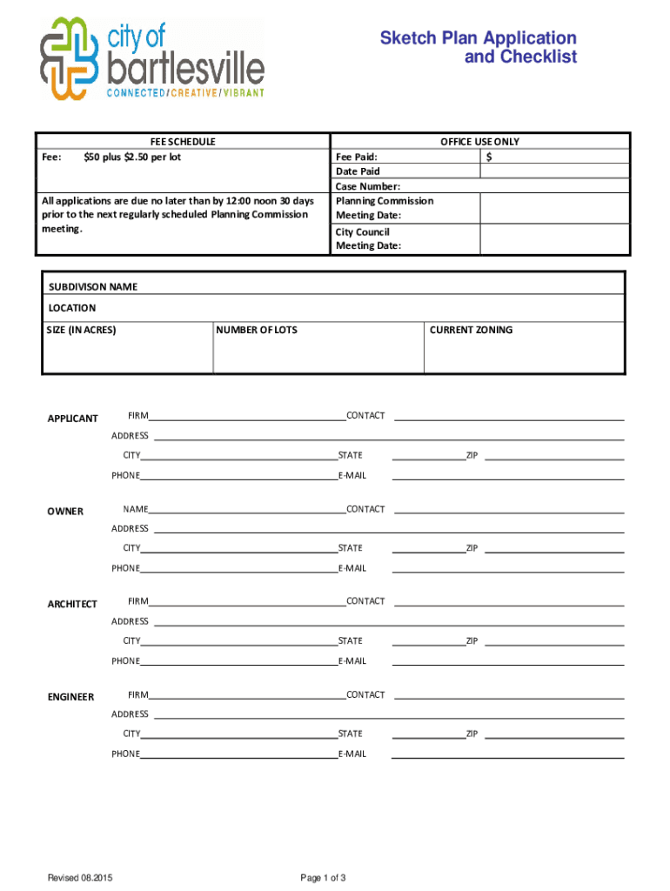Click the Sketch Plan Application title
(x=478, y=48)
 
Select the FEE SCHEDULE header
(x=183, y=142)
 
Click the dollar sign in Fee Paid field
(x=490, y=157)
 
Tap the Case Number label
(x=368, y=186)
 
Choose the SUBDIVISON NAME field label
(x=92, y=286)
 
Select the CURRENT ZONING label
(x=471, y=330)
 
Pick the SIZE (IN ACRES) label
(x=81, y=330)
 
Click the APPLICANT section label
(x=72, y=419)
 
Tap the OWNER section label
(x=65, y=512)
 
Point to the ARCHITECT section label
(x=72, y=604)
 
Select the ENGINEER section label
(x=70, y=697)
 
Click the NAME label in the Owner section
(x=136, y=509)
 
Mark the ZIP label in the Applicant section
(x=472, y=456)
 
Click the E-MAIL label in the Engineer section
(x=352, y=754)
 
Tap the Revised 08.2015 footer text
(x=81, y=878)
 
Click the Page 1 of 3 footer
(x=324, y=878)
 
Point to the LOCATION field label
(x=72, y=308)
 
